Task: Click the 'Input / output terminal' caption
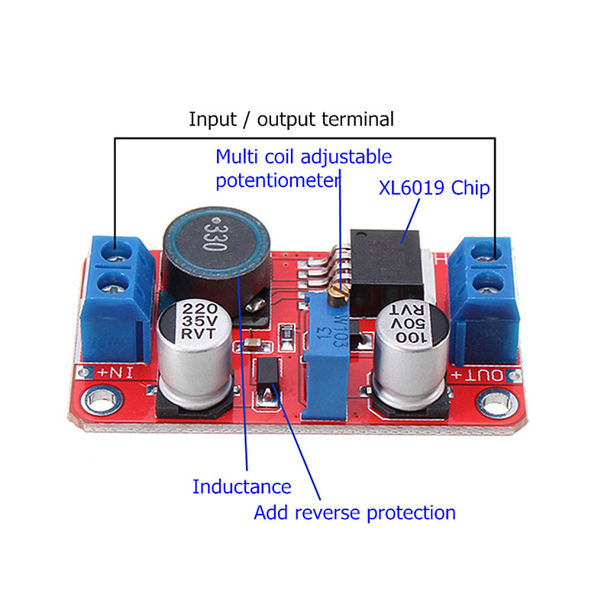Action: pyautogui.click(x=291, y=120)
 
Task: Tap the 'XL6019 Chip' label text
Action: pyautogui.click(x=434, y=188)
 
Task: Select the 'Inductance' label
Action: pyautogui.click(x=241, y=487)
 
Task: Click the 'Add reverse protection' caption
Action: pyautogui.click(x=354, y=512)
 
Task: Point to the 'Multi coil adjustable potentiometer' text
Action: pyautogui.click(x=303, y=169)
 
